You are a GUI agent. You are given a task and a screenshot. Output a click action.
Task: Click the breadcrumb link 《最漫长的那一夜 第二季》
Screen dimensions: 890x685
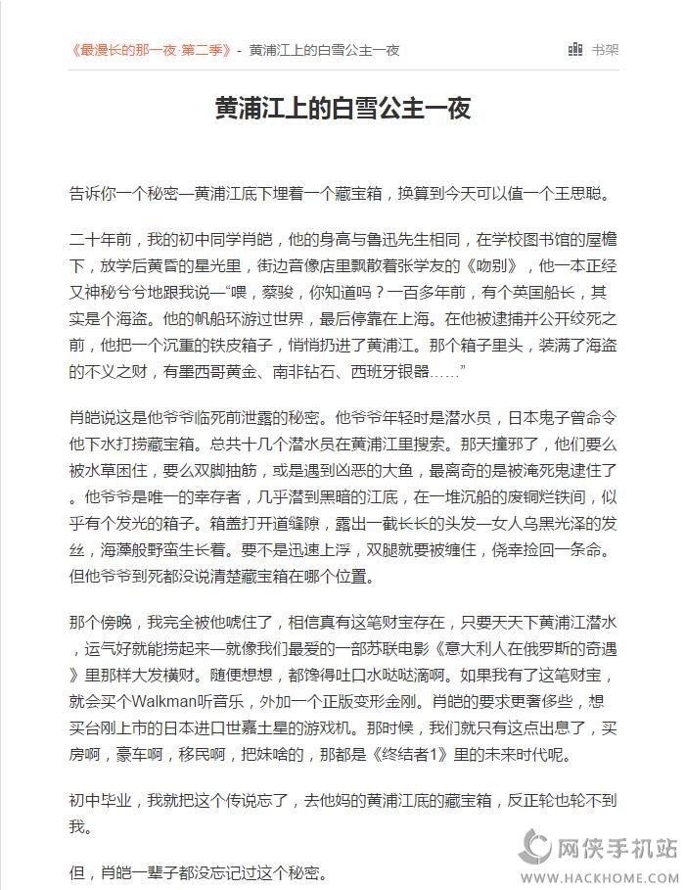[x=150, y=50]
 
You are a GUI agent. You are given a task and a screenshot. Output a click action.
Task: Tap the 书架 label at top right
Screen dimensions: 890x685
[x=605, y=50]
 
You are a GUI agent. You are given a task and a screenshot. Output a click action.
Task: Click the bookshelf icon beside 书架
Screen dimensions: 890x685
[x=576, y=49]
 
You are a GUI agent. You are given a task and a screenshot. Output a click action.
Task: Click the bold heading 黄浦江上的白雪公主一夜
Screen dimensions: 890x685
[x=342, y=108]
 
